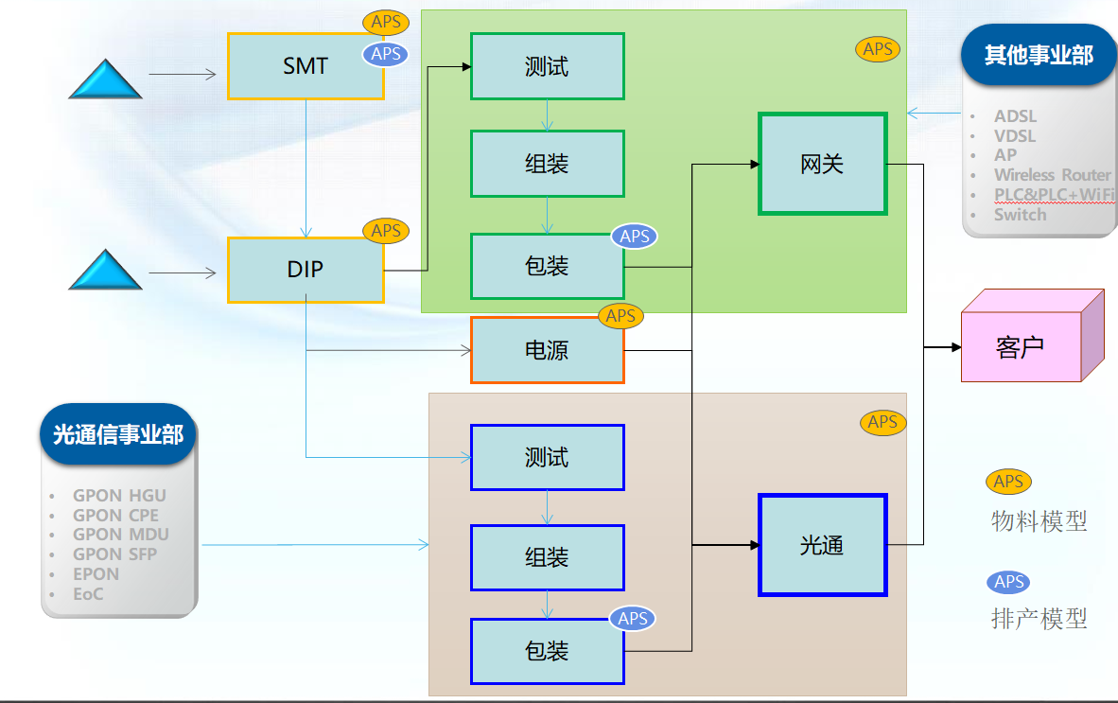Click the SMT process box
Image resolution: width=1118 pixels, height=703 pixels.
[306, 66]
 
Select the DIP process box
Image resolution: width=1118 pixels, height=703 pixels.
[306, 270]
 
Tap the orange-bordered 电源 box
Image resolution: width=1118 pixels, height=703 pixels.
[547, 350]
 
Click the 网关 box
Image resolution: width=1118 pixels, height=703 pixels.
[822, 165]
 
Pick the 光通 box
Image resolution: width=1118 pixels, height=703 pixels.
[822, 545]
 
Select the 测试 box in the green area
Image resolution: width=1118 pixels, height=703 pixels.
[547, 66]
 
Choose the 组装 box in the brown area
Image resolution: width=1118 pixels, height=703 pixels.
[547, 557]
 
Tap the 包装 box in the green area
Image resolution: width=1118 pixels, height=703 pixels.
[547, 267]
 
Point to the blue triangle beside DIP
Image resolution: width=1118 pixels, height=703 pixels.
[105, 272]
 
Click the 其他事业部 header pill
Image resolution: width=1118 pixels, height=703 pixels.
[1039, 55]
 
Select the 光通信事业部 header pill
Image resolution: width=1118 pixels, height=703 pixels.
[118, 434]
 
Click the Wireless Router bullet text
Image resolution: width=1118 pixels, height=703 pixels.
[1052, 175]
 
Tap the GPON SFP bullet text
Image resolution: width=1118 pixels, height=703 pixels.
[114, 554]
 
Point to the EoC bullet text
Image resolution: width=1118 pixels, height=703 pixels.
[88, 594]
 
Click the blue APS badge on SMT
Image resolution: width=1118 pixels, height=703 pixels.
[386, 54]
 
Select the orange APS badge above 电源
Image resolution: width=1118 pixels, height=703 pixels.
[620, 316]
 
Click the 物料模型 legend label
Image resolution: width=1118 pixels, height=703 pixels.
[1039, 520]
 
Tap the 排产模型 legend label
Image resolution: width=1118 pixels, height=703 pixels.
[1039, 619]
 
